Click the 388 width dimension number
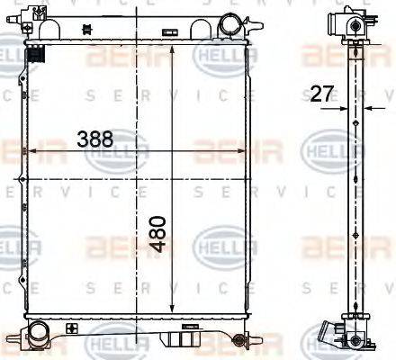(x=94, y=139)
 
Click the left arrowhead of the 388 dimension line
(x=29, y=151)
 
